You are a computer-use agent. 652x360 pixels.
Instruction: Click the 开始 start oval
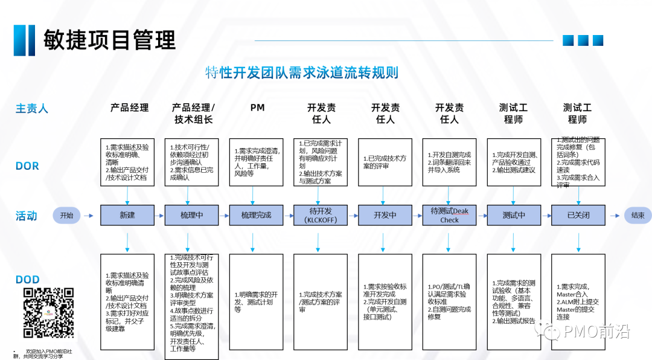[x=66, y=215]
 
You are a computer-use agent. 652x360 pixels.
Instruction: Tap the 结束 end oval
[x=638, y=215]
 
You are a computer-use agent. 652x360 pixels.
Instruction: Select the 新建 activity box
[x=127, y=215]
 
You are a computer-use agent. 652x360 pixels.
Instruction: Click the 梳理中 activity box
[x=192, y=215]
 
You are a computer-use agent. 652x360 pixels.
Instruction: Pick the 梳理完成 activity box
[x=257, y=215]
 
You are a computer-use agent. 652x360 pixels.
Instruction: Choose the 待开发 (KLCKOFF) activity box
[x=321, y=215]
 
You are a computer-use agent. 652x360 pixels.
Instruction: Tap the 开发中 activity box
[x=385, y=215]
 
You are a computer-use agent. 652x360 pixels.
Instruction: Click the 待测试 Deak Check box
[x=449, y=215]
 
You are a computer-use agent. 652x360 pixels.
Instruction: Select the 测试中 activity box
[x=514, y=215]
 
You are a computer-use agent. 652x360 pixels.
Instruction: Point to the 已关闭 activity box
[x=578, y=215]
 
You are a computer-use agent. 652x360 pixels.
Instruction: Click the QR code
[x=48, y=312]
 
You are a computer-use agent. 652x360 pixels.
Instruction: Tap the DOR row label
[x=27, y=166]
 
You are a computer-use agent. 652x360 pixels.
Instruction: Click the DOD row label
[x=28, y=280]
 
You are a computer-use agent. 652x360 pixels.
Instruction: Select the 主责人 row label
[x=31, y=109]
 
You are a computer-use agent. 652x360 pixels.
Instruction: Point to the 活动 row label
[x=27, y=216]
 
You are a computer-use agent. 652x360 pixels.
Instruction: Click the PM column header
[x=257, y=108]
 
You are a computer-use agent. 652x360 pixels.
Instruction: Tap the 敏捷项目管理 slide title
[x=109, y=40]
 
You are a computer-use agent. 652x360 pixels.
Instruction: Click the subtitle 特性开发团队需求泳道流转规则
[x=301, y=74]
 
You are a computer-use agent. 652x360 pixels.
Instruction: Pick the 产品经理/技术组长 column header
[x=193, y=114]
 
